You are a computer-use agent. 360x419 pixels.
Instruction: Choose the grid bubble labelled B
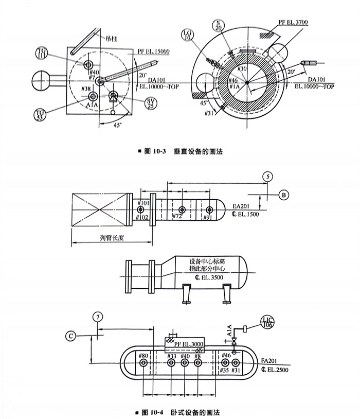pos(284,195)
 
